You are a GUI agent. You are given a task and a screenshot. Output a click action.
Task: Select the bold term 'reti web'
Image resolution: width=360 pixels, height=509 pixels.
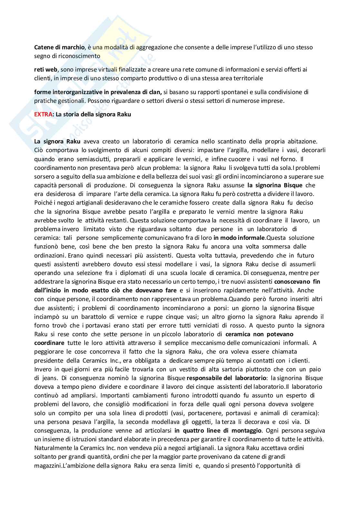(46, 69)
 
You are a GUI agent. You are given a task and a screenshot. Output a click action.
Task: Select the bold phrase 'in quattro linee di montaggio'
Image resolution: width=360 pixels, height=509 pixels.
(218, 430)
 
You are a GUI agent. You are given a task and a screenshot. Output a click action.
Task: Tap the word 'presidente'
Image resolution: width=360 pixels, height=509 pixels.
(49, 360)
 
